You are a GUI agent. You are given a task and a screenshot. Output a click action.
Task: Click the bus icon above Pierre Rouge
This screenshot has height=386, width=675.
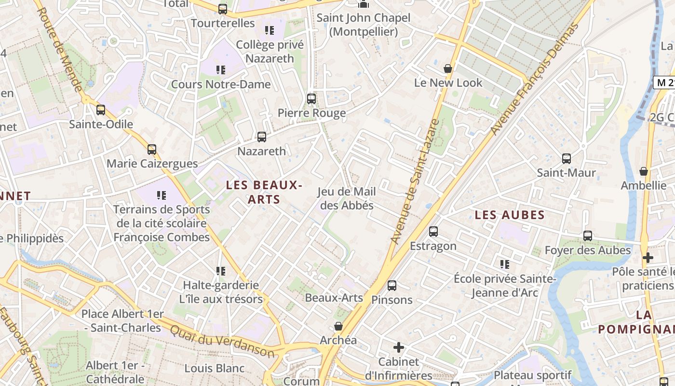point(311,99)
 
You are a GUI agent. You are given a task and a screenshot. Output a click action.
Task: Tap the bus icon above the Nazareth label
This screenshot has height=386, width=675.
point(262,137)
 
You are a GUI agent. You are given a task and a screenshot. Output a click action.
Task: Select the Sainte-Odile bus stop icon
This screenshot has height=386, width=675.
point(101,110)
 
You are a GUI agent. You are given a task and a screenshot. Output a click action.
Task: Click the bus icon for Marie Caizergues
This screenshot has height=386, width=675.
point(152,150)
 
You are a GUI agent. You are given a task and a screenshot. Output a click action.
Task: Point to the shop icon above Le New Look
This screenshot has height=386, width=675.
point(448,69)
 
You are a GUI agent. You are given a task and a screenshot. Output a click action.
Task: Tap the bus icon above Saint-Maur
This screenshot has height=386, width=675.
point(567,158)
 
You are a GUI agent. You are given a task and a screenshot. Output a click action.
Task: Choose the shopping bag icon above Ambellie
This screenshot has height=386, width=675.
point(643,171)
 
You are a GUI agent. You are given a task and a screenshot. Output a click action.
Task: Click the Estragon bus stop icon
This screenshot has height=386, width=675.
point(433,232)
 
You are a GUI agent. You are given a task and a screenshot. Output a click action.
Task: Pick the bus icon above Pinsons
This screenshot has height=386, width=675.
point(392,286)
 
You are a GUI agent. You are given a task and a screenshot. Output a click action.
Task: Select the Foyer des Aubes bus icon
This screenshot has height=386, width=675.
point(588,236)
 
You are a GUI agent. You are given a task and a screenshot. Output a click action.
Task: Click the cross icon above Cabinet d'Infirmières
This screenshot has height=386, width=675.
point(399,347)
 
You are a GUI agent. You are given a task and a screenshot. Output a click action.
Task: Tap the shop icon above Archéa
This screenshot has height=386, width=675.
point(338,326)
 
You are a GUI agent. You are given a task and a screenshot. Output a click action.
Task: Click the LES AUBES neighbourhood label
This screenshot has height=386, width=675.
point(510,215)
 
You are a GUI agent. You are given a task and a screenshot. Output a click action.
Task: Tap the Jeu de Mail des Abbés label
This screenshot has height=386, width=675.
point(347,198)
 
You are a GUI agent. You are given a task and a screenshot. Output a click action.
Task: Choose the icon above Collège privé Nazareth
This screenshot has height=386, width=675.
point(270,30)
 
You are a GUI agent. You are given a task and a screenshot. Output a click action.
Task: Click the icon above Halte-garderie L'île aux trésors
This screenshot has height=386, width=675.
point(221,271)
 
